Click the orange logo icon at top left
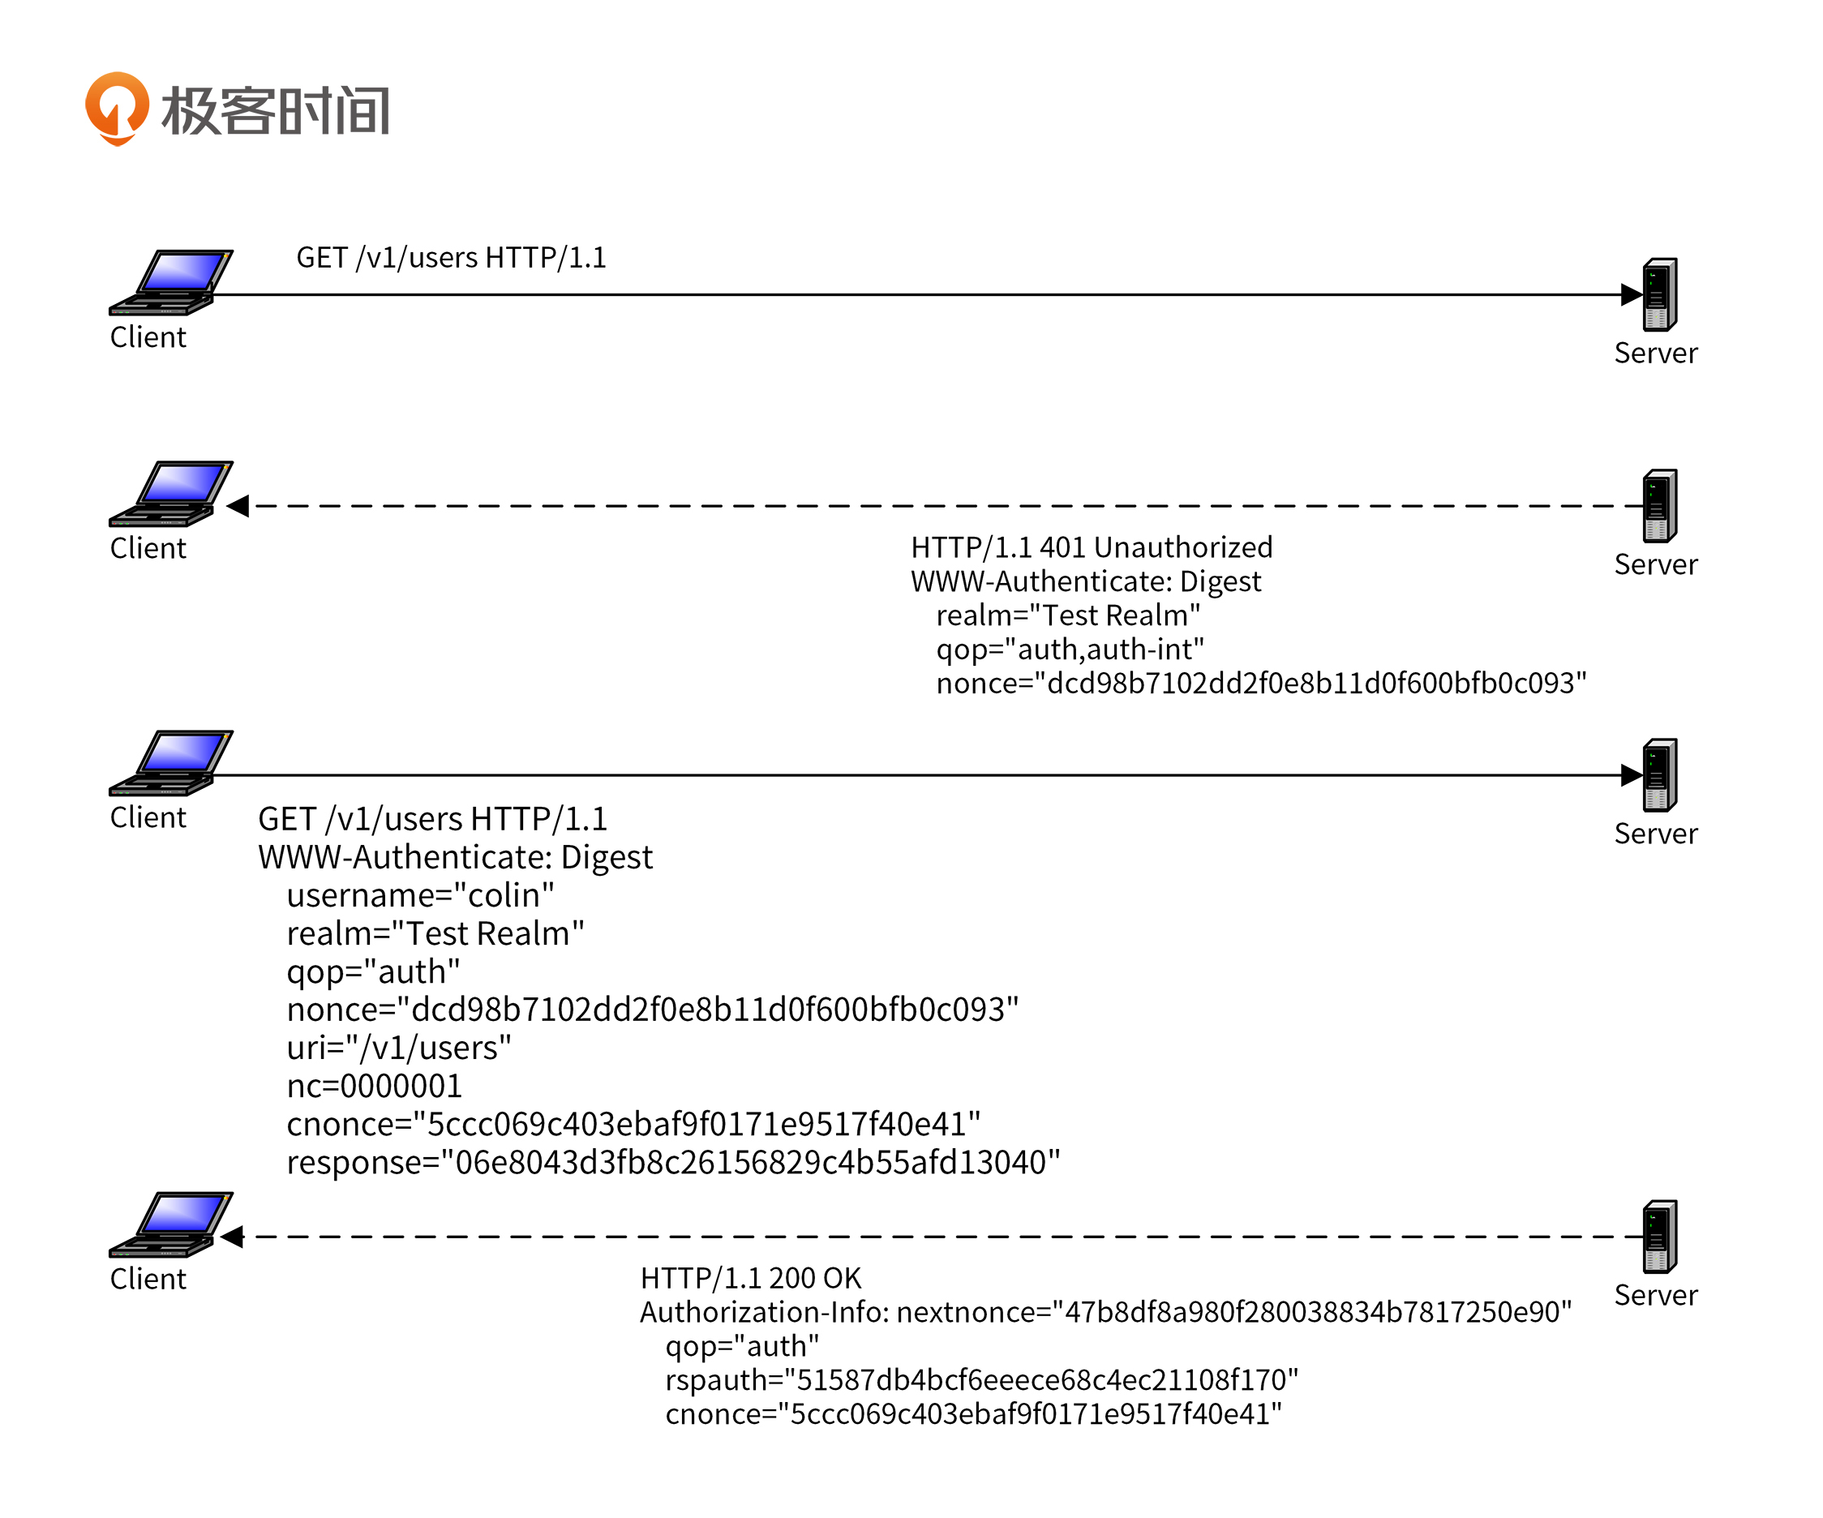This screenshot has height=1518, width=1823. click(x=116, y=109)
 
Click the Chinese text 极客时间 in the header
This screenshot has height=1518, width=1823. click(x=275, y=111)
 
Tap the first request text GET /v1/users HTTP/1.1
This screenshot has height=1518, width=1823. click(x=451, y=258)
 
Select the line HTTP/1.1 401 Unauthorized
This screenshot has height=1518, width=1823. click(x=1092, y=547)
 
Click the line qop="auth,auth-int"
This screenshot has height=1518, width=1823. click(x=1070, y=650)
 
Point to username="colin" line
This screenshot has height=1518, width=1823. click(x=420, y=895)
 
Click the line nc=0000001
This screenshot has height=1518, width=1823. click(x=374, y=1086)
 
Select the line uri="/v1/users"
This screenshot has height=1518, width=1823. click(x=398, y=1048)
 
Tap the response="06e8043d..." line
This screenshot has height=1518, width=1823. click(x=673, y=1162)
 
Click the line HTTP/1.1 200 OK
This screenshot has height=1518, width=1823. click(x=751, y=1279)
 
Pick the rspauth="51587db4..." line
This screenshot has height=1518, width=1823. click(x=981, y=1380)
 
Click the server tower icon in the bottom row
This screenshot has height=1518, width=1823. click(x=1659, y=1236)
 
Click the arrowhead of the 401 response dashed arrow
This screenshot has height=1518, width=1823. click(x=238, y=506)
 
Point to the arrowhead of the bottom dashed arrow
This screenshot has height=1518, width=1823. click(x=233, y=1237)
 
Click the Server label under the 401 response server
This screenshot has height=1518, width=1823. click(x=1655, y=565)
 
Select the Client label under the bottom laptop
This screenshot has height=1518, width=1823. click(x=148, y=1280)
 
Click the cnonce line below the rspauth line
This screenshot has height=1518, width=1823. click(x=973, y=1415)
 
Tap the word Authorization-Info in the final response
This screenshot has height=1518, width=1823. click(x=764, y=1312)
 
